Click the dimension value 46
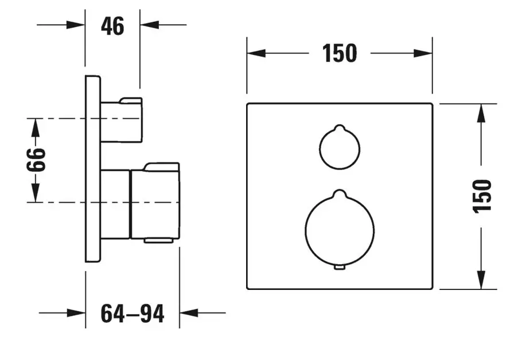(112, 26)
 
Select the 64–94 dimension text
(132, 313)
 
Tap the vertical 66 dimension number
(36, 160)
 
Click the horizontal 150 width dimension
(340, 53)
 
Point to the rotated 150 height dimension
(482, 196)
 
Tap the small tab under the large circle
(340, 267)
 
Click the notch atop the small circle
(340, 127)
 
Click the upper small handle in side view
(122, 120)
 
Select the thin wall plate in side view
(93, 169)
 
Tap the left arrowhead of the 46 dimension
(76, 25)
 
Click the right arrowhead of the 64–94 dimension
(189, 313)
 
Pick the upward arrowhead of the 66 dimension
(36, 127)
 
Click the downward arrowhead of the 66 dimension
(36, 193)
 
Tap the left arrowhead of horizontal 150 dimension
(256, 53)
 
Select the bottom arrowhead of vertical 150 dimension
(481, 280)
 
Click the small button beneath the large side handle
(159, 241)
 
